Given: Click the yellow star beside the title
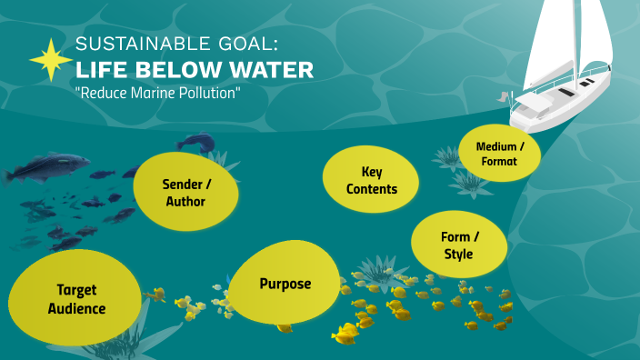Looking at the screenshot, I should [x=51, y=60].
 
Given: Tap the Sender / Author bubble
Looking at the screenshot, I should [x=185, y=192].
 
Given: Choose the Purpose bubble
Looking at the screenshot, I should [x=285, y=284].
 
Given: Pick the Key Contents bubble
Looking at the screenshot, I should [x=372, y=180].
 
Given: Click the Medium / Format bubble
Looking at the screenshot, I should [x=499, y=153].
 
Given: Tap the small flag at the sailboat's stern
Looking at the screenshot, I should [x=503, y=95].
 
